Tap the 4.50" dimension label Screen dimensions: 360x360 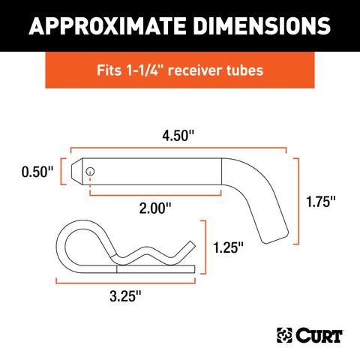click(x=179, y=137)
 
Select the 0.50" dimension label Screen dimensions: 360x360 click(x=37, y=172)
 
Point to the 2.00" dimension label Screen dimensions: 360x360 click(x=155, y=208)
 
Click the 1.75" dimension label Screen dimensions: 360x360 click(x=320, y=200)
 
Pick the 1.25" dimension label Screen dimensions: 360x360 click(x=228, y=247)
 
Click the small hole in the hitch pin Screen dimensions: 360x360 click(x=90, y=172)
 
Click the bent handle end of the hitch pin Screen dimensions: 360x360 click(x=270, y=225)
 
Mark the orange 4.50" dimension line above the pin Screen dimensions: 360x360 click(x=179, y=148)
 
